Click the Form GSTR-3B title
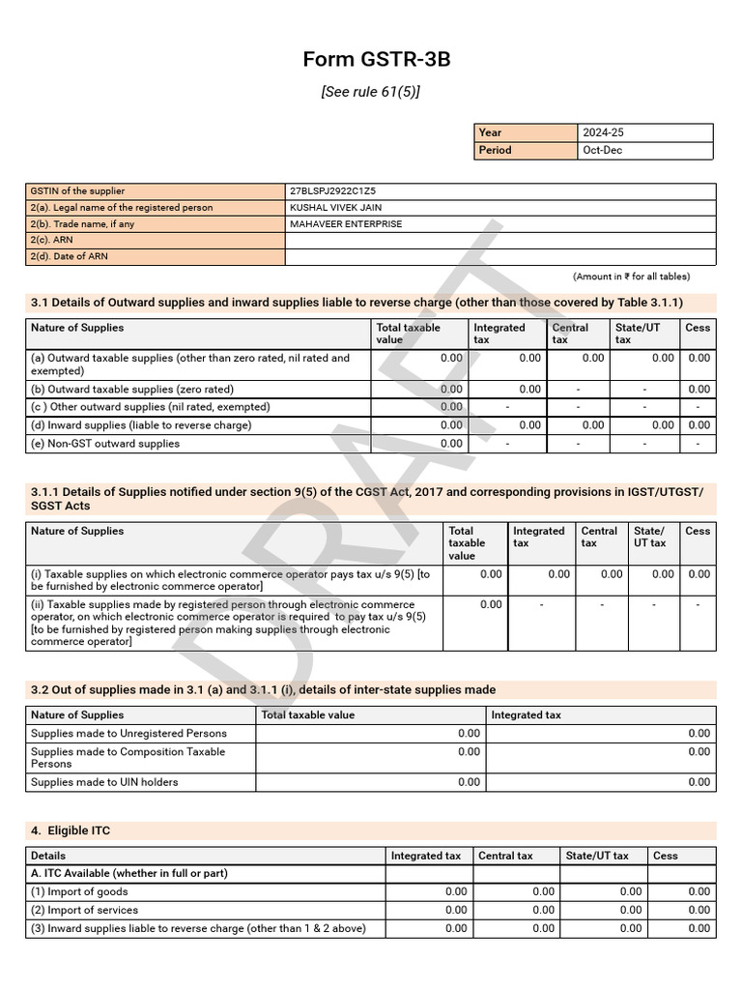pyautogui.click(x=376, y=60)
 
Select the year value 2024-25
pyautogui.click(x=605, y=132)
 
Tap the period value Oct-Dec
pyautogui.click(x=601, y=150)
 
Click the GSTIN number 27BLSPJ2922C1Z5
pyautogui.click(x=332, y=191)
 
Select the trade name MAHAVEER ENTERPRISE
pyautogui.click(x=346, y=224)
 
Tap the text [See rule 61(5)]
pyautogui.click(x=370, y=92)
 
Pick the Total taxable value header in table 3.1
pyautogui.click(x=408, y=334)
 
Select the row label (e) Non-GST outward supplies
pyautogui.click(x=105, y=444)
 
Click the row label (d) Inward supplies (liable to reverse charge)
pyautogui.click(x=141, y=425)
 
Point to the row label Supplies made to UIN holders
pyautogui.click(x=104, y=782)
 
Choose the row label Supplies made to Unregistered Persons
pyautogui.click(x=128, y=734)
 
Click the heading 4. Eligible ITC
pyautogui.click(x=75, y=830)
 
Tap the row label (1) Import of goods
pyautogui.click(x=79, y=891)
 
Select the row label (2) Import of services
pyautogui.click(x=84, y=910)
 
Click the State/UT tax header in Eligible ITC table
pyautogui.click(x=597, y=856)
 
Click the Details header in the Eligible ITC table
pyautogui.click(x=48, y=856)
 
